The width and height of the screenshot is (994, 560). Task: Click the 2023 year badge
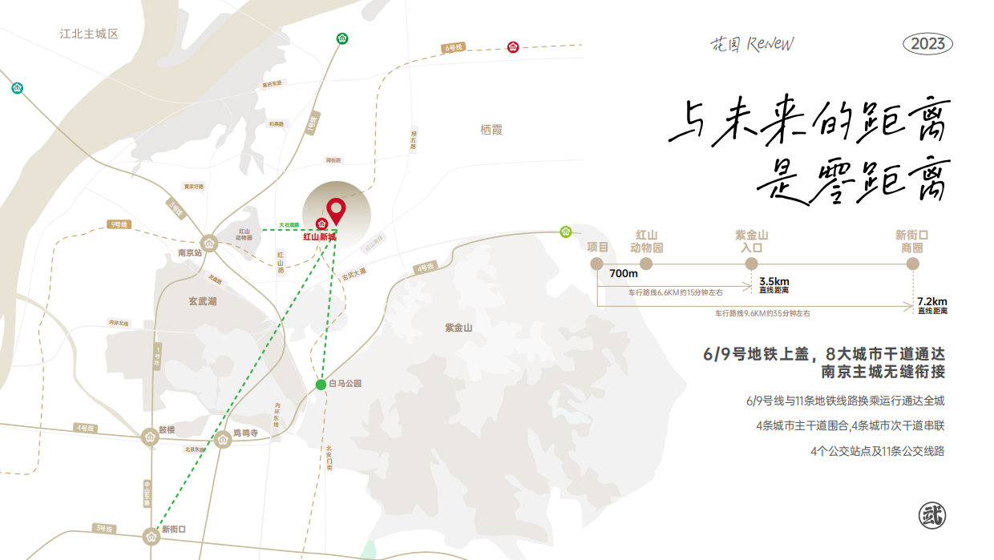928,44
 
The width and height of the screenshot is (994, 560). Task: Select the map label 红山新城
319,237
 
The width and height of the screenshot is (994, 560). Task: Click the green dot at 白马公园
321,384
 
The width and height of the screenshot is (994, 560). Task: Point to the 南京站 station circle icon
209,243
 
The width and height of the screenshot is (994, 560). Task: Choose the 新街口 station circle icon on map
151,534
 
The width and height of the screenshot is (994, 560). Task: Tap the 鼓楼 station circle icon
150,437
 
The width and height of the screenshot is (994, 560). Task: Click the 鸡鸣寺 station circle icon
223,438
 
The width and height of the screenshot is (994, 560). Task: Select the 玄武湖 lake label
203,301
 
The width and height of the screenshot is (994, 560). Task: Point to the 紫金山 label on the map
459,328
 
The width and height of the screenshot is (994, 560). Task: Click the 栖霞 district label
491,130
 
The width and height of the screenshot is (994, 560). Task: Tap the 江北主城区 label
89,34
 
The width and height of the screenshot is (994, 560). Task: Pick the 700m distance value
623,274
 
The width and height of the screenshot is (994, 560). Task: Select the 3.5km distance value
774,281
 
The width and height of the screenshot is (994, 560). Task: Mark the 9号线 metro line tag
119,225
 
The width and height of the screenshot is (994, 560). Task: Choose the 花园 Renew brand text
753,43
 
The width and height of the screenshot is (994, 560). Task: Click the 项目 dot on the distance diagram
597,264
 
